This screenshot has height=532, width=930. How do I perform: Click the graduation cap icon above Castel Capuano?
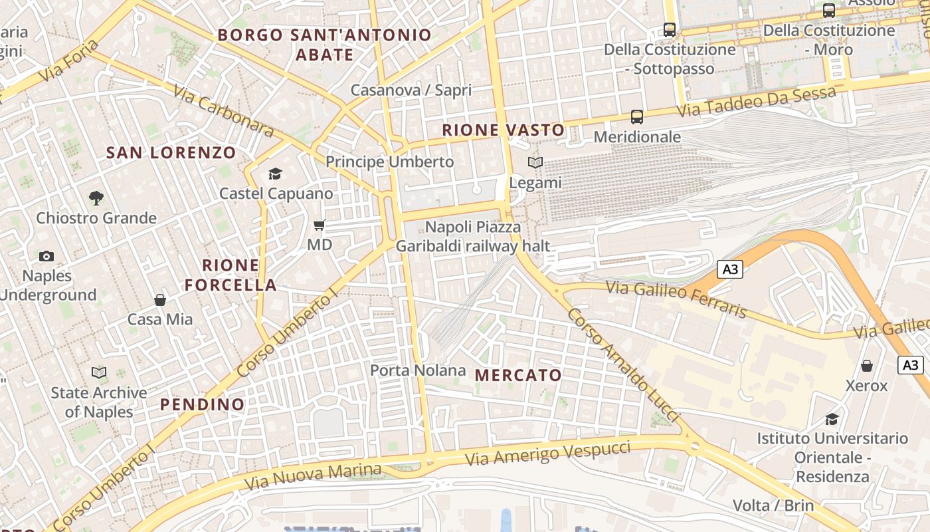(275, 174)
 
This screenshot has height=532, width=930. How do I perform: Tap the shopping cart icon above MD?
(320, 225)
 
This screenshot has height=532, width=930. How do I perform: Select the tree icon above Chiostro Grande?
(96, 198)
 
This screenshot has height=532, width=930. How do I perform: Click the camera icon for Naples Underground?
(46, 256)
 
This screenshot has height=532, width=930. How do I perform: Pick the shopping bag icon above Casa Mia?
(160, 300)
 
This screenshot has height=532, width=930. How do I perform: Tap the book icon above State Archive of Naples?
(99, 373)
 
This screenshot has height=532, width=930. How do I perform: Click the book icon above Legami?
(535, 162)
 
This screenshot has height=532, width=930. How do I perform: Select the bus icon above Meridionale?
(637, 117)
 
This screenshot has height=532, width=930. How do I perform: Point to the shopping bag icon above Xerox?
(867, 366)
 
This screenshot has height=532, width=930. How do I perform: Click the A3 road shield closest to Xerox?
(911, 364)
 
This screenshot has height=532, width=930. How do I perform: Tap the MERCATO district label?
(519, 375)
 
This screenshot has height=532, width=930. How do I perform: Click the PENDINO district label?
(202, 404)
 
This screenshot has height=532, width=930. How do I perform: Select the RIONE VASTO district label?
(504, 130)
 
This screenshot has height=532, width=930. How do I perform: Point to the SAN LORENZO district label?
(171, 152)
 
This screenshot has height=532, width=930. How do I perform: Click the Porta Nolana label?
(418, 370)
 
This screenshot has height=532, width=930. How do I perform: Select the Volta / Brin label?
(773, 505)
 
